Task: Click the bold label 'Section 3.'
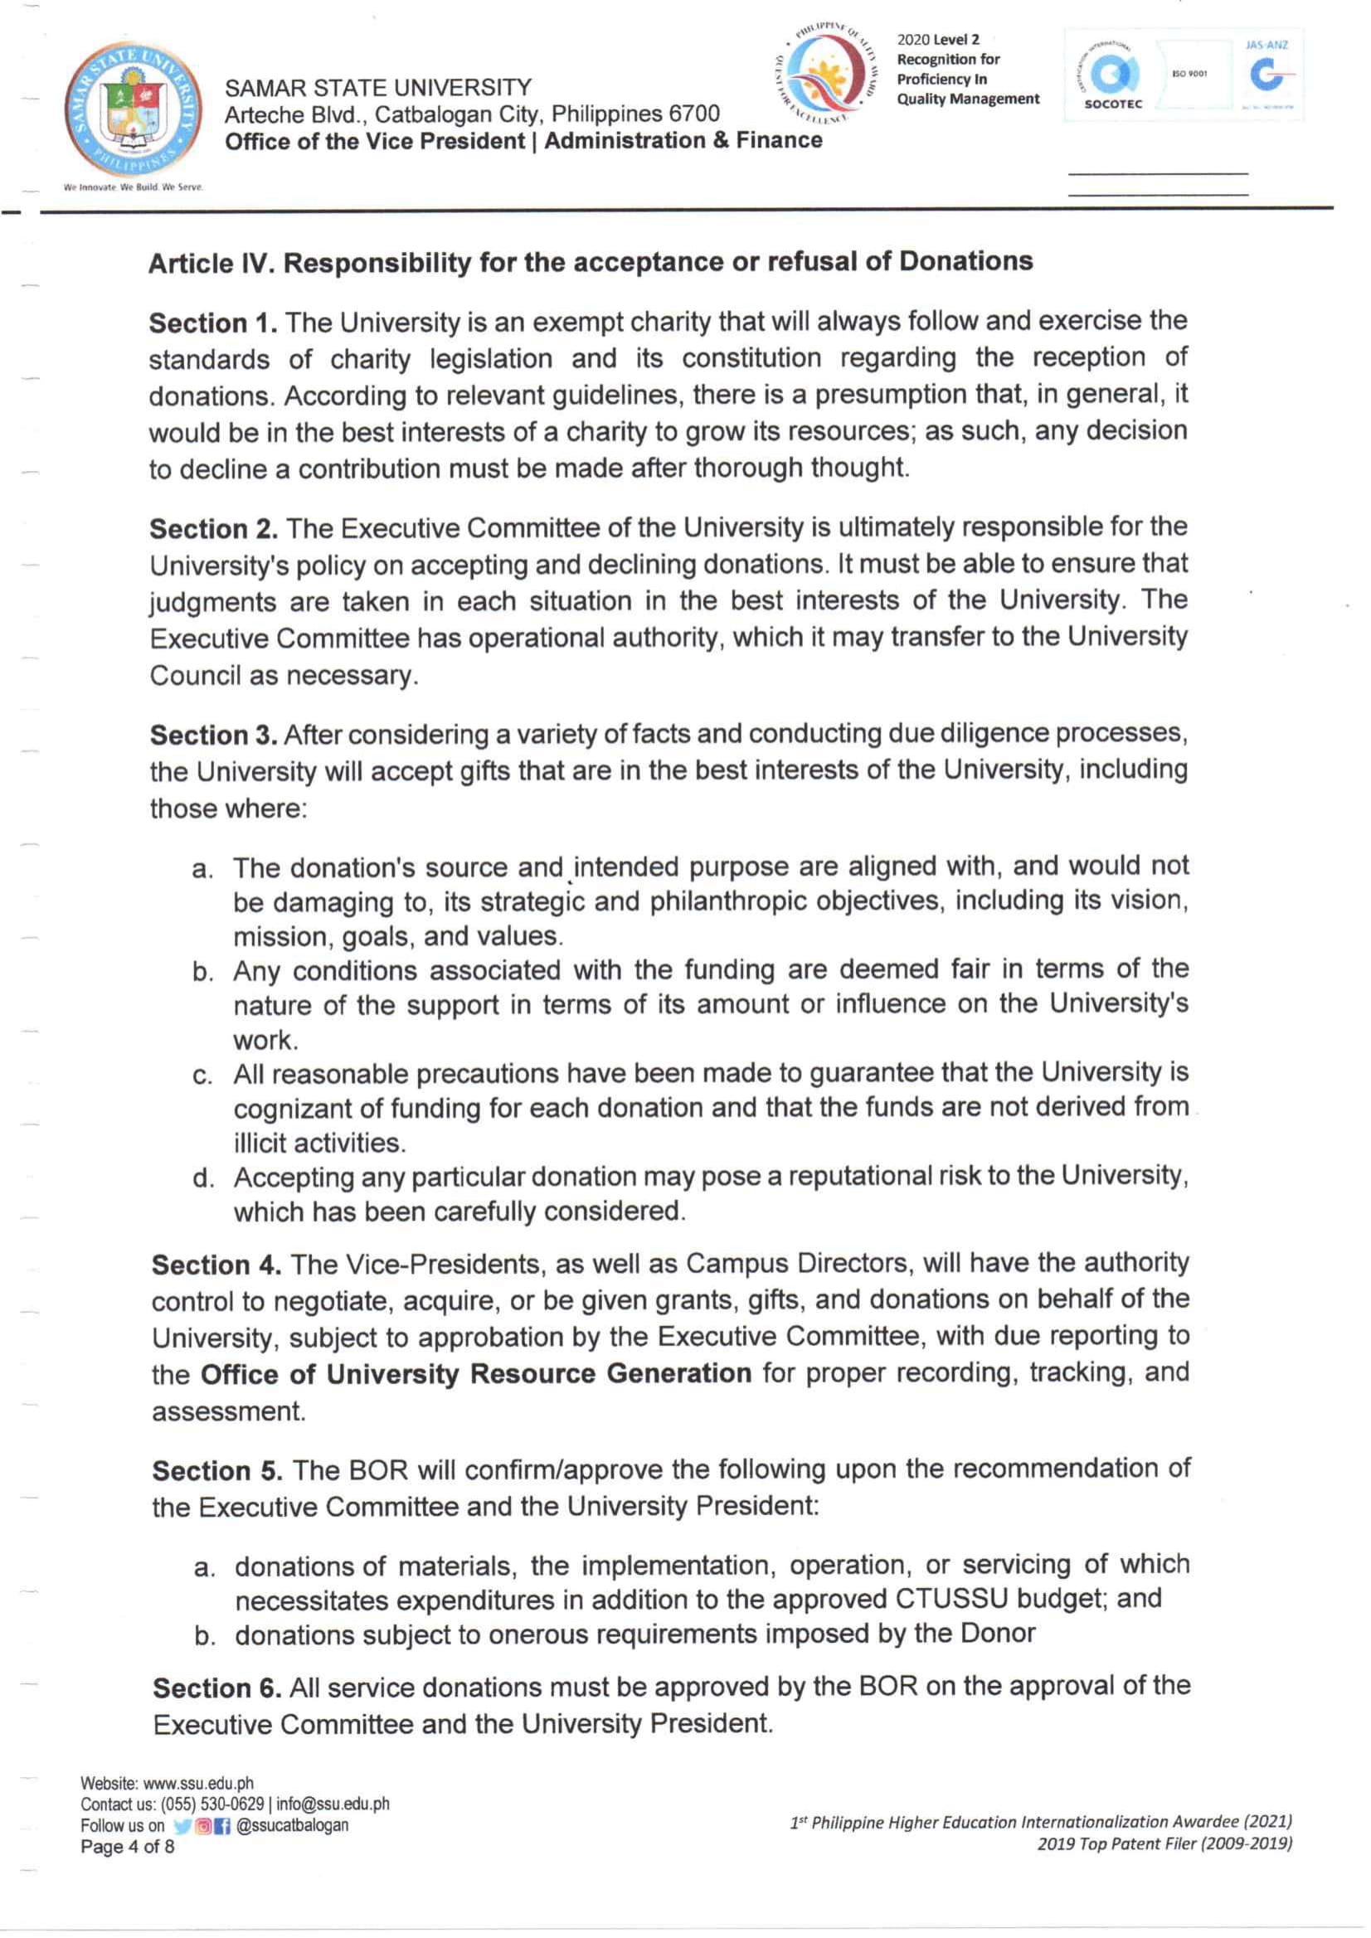coord(214,736)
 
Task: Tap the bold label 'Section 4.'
coord(216,1265)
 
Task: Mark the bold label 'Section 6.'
coord(217,1688)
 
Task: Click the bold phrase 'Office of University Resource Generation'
coord(475,1373)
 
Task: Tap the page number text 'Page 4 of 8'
coord(128,1847)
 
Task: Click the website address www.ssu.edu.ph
coord(197,1784)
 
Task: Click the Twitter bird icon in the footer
coord(182,1826)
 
